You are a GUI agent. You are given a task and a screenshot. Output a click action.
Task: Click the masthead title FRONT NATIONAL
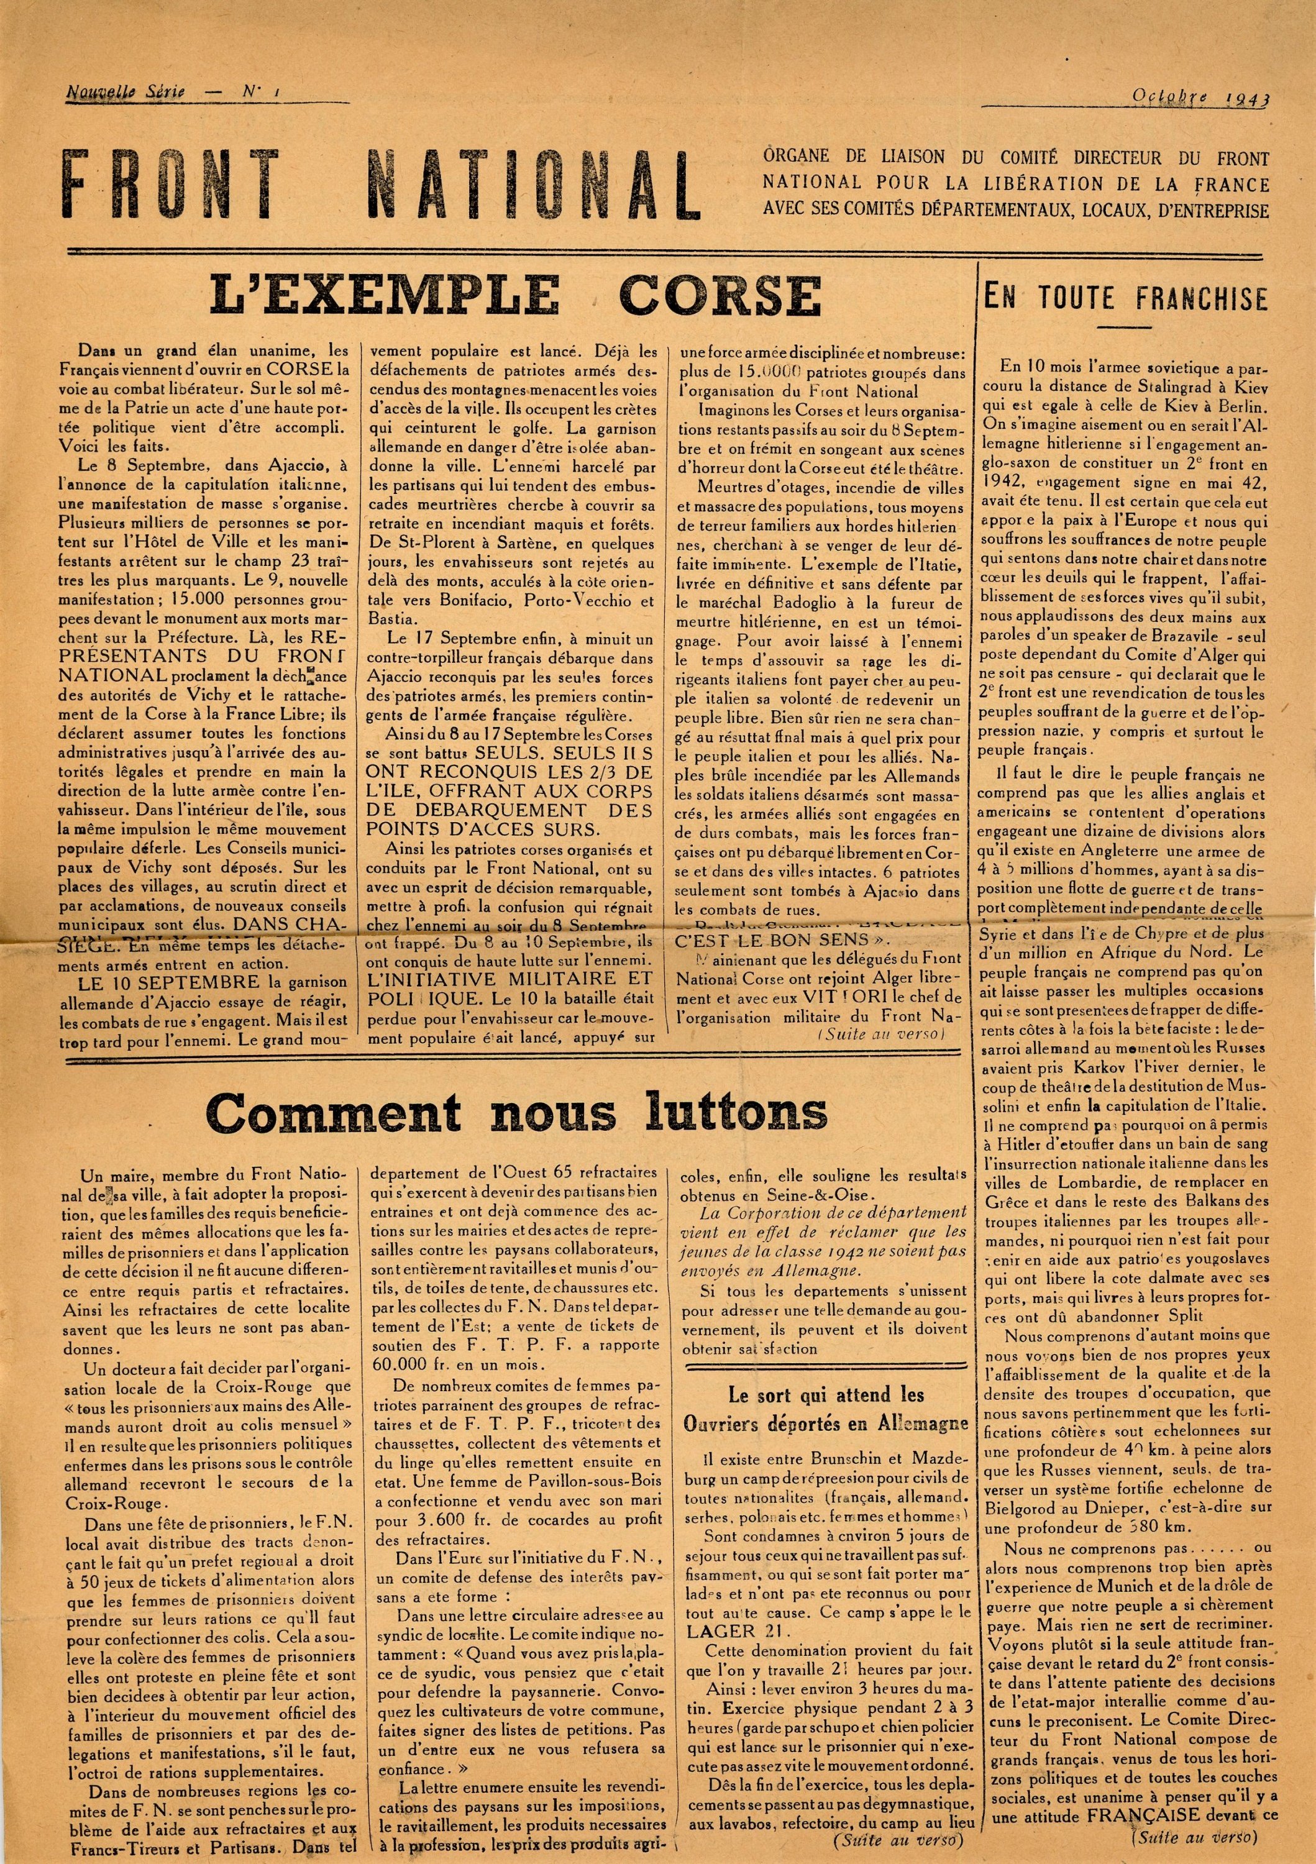(382, 185)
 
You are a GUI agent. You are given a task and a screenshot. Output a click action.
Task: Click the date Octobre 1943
(1202, 98)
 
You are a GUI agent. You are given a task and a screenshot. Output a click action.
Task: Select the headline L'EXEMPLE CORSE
(516, 296)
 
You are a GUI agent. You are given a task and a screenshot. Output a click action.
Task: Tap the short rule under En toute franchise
(1125, 326)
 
